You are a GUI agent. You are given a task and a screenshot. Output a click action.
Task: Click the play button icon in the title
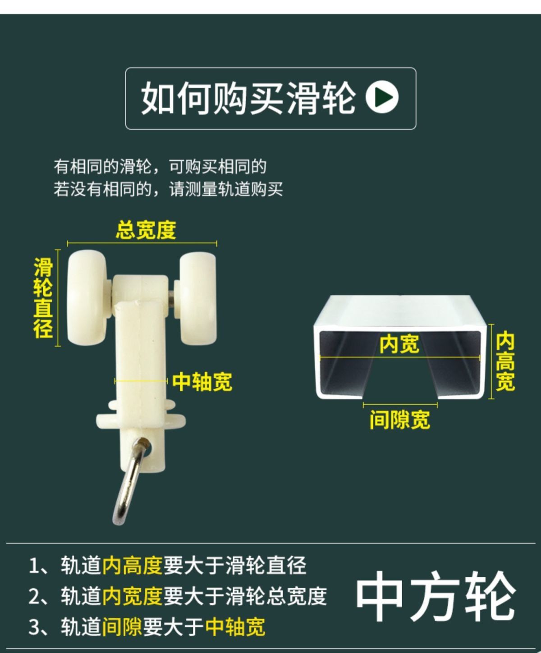click(382, 96)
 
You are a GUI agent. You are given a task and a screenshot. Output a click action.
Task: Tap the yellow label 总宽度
click(146, 230)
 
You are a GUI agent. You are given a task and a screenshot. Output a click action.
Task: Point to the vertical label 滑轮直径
click(43, 298)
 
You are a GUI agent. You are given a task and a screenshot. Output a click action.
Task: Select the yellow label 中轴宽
click(202, 382)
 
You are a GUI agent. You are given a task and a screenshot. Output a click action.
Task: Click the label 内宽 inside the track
click(399, 344)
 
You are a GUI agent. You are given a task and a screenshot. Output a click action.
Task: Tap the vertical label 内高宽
click(505, 361)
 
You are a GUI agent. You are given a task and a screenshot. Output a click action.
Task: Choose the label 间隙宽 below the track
click(400, 420)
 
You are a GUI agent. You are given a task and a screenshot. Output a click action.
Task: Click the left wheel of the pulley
click(87, 298)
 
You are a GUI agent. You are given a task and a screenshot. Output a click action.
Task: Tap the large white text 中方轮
click(436, 596)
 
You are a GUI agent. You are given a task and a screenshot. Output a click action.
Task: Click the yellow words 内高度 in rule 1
click(133, 565)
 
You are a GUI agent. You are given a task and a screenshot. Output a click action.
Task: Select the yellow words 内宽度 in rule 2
click(133, 596)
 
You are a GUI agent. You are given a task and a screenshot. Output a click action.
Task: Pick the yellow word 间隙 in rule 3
click(122, 626)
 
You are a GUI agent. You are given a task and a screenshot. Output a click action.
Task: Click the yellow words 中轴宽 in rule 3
click(235, 626)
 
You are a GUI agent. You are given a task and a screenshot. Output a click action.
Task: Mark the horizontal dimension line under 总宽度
click(142, 243)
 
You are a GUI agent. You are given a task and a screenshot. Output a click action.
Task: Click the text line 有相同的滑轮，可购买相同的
click(160, 166)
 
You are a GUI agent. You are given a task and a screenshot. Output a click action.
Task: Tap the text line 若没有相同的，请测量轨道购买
click(168, 189)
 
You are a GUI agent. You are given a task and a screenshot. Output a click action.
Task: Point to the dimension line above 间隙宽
click(400, 405)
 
